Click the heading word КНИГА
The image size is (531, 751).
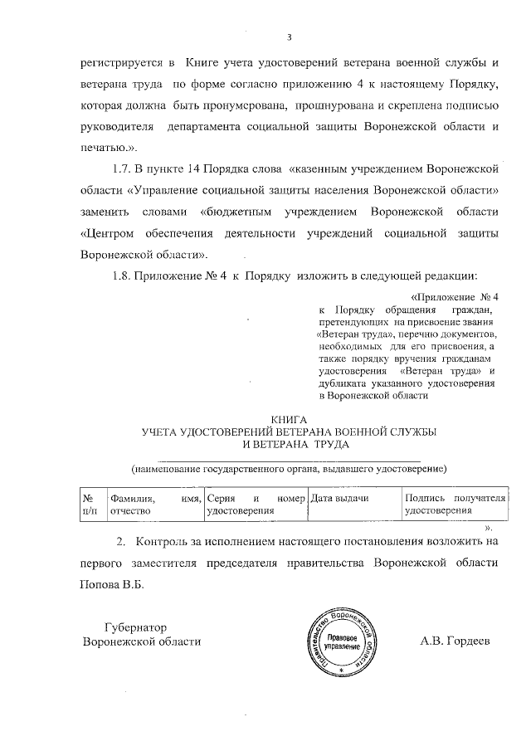pos(290,419)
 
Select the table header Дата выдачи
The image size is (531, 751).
pos(339,497)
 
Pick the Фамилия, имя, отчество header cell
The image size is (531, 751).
pos(156,504)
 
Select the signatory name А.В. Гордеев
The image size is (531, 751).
pos(455,641)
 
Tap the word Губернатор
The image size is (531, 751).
pos(137,627)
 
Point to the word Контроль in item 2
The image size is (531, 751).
pos(173,541)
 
